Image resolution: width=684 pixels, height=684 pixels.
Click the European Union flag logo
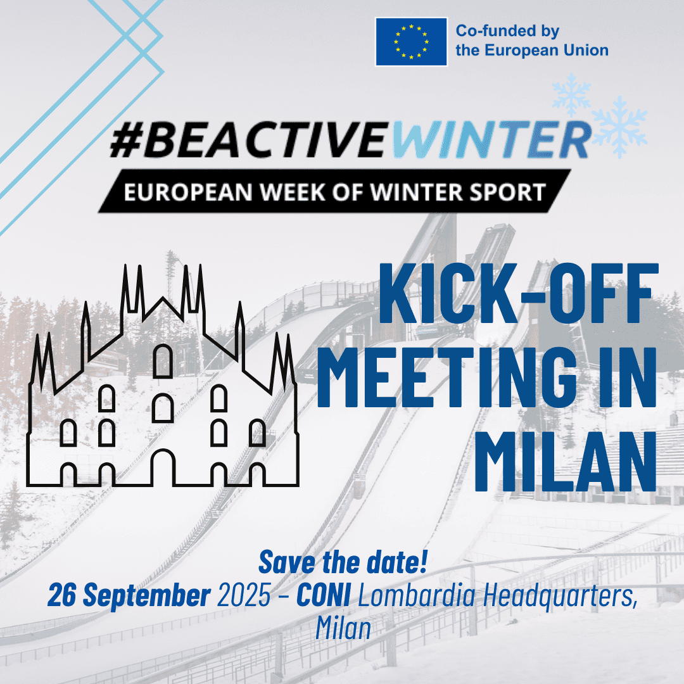(412, 41)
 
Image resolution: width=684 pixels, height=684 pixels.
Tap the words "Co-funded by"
(508, 31)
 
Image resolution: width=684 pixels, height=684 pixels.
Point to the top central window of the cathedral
(163, 361)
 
